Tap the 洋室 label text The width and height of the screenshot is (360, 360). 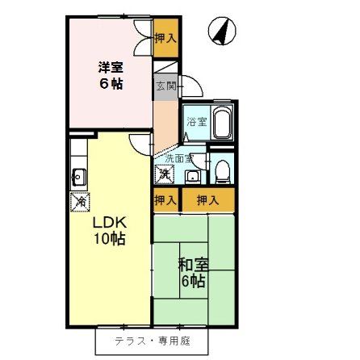[111, 67]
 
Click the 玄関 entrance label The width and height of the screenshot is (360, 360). [164, 83]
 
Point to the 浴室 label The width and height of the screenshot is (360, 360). [196, 122]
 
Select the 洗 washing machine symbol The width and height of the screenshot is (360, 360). [164, 174]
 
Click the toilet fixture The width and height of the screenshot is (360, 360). [222, 169]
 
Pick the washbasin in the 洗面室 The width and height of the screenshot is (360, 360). [191, 174]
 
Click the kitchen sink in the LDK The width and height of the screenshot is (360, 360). [80, 176]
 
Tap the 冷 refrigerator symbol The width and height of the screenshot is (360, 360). [80, 202]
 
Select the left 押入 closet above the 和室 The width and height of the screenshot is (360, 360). [165, 199]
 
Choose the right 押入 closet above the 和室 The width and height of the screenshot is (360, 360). [207, 199]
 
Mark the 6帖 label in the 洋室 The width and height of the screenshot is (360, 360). [111, 83]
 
